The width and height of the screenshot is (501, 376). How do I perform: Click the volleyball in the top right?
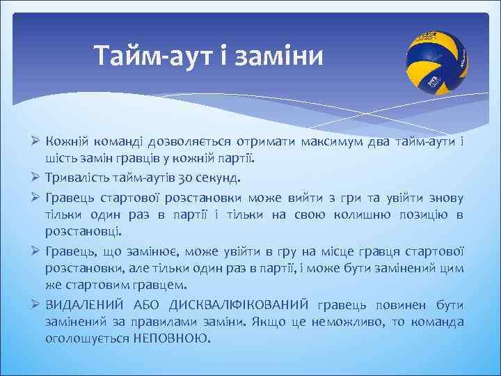coord(436,61)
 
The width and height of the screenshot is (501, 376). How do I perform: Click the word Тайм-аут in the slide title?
coord(136,54)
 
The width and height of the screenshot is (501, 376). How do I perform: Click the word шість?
coord(60,160)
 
